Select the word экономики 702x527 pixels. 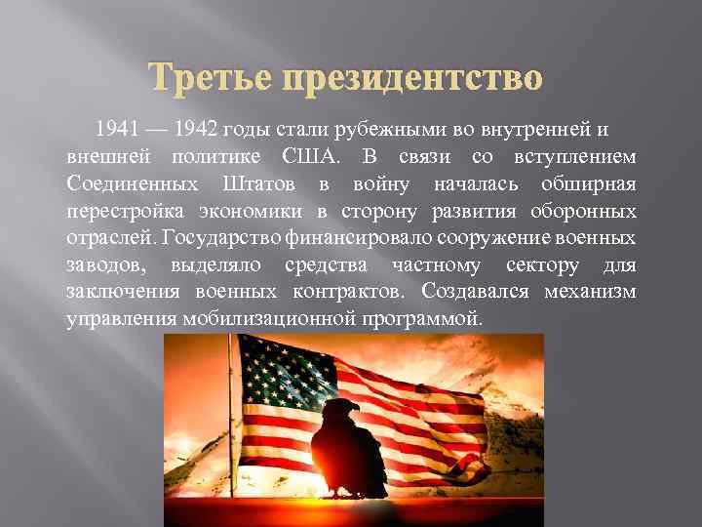(260, 211)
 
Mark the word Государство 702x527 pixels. (224, 238)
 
